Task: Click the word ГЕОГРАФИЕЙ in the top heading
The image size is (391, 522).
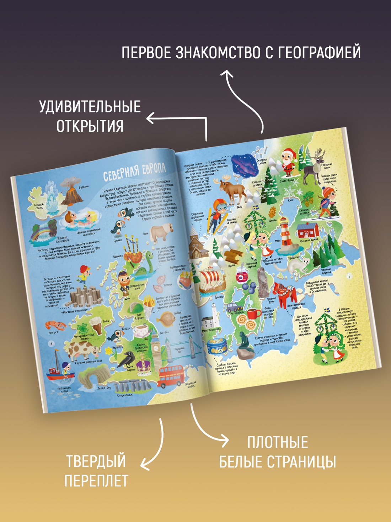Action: [313, 52]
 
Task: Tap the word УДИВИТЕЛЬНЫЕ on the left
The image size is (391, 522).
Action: [90, 107]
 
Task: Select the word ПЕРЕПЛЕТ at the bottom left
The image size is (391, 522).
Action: [96, 481]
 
